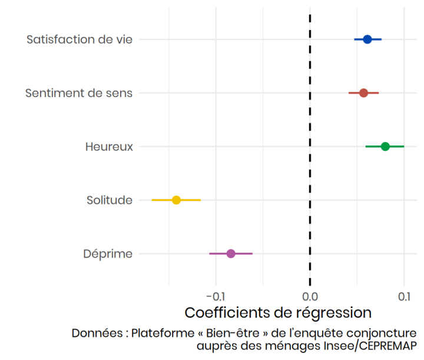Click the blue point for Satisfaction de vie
click(x=367, y=39)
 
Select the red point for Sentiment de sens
click(x=363, y=93)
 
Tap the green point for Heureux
click(x=385, y=146)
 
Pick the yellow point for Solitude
click(x=176, y=200)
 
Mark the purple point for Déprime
click(x=231, y=254)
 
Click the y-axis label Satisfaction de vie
click(x=79, y=39)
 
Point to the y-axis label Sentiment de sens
click(x=79, y=93)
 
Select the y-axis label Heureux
click(x=109, y=146)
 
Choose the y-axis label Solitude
click(x=110, y=200)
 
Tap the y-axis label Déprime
click(x=108, y=254)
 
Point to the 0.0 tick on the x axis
click(x=310, y=295)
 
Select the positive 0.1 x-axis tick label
click(x=404, y=295)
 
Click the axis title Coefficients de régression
click(x=278, y=312)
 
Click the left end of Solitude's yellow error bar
click(x=152, y=200)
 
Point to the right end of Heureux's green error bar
click(x=404, y=146)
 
